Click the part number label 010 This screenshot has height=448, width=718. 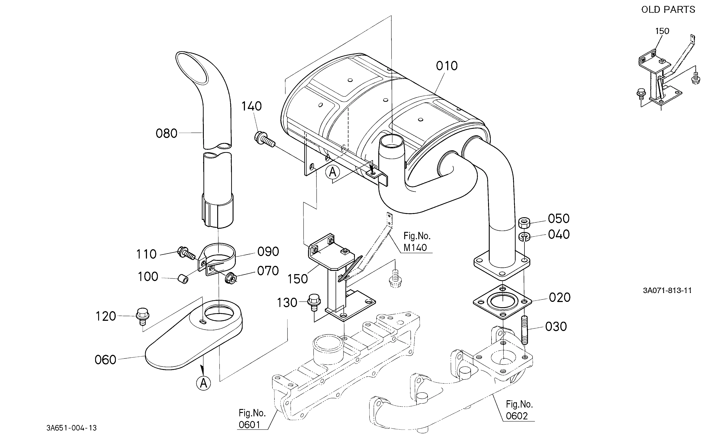pos(447,66)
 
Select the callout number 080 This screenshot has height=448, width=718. pos(166,134)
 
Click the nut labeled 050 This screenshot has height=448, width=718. pos(524,223)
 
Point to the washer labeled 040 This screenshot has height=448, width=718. pos(524,237)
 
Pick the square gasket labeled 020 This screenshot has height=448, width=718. pos(502,302)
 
